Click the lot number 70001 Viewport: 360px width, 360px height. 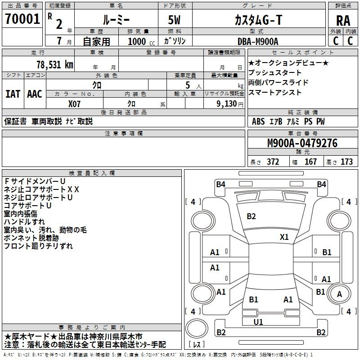(x=22, y=19)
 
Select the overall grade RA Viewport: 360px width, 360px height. (x=343, y=21)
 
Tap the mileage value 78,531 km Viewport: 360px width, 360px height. (x=55, y=65)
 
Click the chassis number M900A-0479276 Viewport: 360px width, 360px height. (x=302, y=143)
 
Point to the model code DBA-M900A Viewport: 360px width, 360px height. (x=258, y=41)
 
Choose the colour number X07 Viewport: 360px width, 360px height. (x=74, y=104)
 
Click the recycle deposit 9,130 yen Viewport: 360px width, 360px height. (x=230, y=104)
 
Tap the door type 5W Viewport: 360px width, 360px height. (x=174, y=20)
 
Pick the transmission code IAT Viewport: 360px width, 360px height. (x=13, y=94)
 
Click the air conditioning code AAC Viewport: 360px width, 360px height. (x=35, y=94)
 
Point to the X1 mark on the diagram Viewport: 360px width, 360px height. (x=284, y=237)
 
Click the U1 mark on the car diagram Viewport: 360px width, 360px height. (x=258, y=322)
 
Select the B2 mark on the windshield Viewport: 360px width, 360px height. (x=251, y=216)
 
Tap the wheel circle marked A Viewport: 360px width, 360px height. (x=339, y=294)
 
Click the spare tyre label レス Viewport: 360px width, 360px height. (x=197, y=344)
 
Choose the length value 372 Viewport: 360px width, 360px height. (x=273, y=162)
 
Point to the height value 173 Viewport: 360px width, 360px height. (x=346, y=162)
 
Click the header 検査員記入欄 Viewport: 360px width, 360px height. (x=92, y=173)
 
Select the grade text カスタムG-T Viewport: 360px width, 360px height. (x=258, y=20)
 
